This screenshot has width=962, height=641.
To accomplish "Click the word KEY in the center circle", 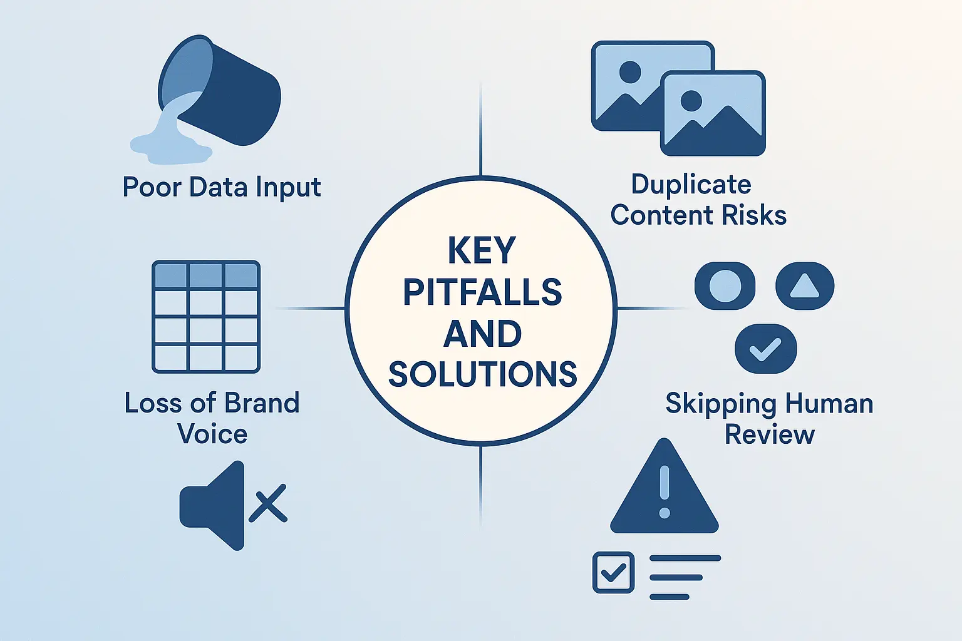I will (x=482, y=251).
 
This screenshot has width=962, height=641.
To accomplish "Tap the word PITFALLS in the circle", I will (x=482, y=292).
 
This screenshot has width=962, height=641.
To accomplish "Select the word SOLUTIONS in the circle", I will (x=482, y=374).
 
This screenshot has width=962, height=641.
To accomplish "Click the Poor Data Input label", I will (x=222, y=187).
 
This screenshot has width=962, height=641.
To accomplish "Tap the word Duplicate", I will (x=691, y=185).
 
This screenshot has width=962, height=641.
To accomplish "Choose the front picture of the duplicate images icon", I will (x=713, y=113).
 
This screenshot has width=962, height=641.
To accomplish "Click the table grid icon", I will (x=206, y=317).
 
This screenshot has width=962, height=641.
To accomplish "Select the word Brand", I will (x=262, y=403).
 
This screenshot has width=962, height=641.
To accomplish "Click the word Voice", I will (x=212, y=434).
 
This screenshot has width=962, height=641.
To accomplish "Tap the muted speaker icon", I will (x=212, y=505).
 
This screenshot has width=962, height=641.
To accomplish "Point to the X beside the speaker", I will (x=268, y=503).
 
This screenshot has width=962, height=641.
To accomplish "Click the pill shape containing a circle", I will (x=725, y=286).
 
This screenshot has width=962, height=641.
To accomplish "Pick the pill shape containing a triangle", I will (x=805, y=286).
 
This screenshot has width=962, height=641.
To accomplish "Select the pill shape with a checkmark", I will (x=765, y=349).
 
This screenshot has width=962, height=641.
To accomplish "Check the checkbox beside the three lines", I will (x=613, y=572).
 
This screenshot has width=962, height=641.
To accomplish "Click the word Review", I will (x=769, y=434).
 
